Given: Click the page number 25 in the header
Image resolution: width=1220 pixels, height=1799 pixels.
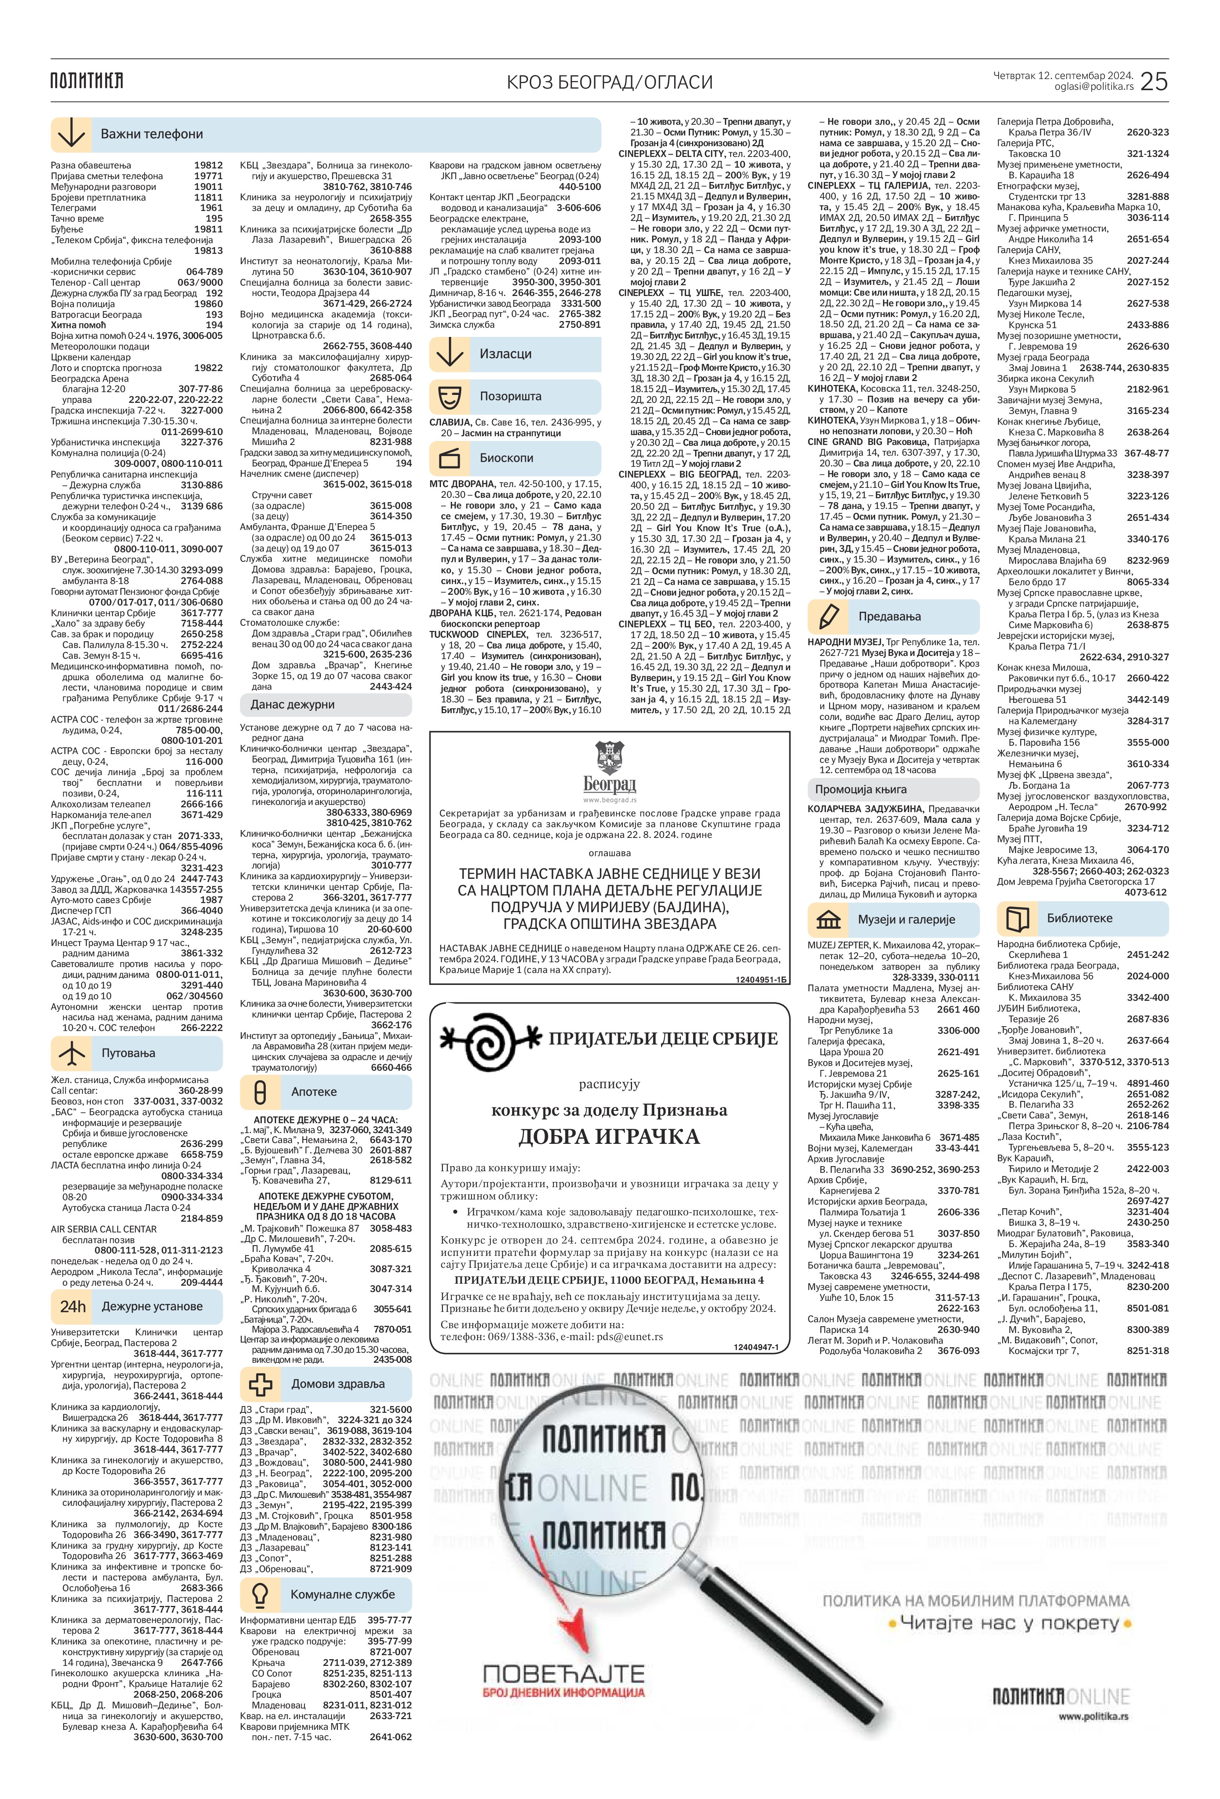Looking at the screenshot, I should coord(1153,81).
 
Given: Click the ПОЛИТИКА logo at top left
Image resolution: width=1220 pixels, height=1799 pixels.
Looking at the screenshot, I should coord(87,81).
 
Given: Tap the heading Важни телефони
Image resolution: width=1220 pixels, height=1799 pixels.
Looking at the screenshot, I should coord(152,134).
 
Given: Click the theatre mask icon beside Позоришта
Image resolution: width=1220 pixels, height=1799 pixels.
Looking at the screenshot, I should coord(449,396).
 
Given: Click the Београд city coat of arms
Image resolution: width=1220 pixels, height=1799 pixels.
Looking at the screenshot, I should coord(609,758).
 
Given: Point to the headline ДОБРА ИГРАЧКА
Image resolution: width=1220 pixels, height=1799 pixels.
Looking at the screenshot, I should coord(609,1136).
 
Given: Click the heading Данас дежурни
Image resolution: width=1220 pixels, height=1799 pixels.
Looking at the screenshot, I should coord(293,704).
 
